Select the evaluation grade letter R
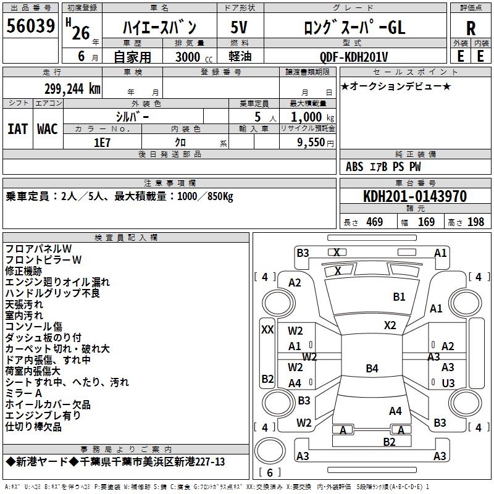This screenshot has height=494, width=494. coord(471,28)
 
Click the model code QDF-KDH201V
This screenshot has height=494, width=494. coord(354,57)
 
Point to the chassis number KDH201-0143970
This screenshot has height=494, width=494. coord(414,197)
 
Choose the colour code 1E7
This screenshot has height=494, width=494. coord(102,141)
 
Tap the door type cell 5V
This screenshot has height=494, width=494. coord(239,27)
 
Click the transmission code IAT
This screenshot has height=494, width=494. coord(18,129)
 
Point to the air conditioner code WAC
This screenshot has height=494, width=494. coord(48,129)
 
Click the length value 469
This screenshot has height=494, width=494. coord(374,222)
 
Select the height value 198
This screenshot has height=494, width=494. coord(475,222)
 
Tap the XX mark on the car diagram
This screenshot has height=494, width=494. coord(267,330)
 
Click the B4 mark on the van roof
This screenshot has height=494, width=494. coord(371,369)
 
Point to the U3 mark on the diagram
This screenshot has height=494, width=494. coord(448,383)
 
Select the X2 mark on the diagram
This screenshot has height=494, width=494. coord(390,325)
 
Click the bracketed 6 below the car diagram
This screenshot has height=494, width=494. coord(269,472)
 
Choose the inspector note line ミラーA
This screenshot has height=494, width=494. coord(23,393)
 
